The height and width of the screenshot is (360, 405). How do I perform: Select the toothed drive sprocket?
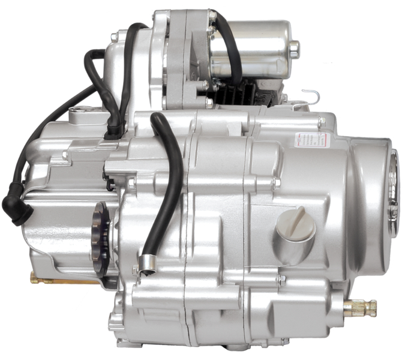[x=101, y=237]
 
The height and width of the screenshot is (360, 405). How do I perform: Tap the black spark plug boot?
[x=14, y=208]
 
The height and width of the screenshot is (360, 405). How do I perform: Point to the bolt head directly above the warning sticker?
[x=322, y=122]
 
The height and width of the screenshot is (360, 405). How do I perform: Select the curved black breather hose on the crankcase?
[x=168, y=186]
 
